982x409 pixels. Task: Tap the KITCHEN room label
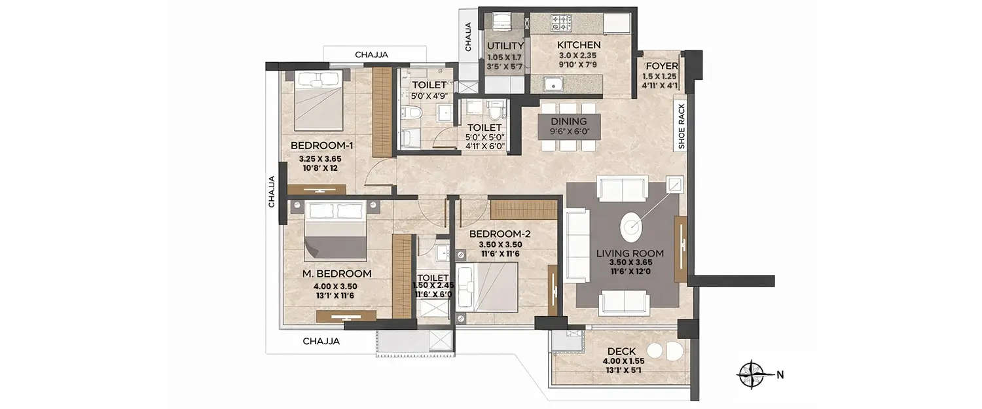(x=579, y=45)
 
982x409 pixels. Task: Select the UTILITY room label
(x=505, y=46)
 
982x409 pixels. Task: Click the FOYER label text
(x=661, y=66)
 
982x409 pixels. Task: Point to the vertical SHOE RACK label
(x=682, y=127)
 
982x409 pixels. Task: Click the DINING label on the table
(x=568, y=121)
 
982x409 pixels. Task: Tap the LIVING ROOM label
(x=630, y=253)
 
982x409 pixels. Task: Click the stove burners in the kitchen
(x=562, y=24)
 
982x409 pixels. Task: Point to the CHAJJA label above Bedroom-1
(x=374, y=55)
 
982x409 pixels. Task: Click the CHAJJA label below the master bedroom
(x=321, y=341)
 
